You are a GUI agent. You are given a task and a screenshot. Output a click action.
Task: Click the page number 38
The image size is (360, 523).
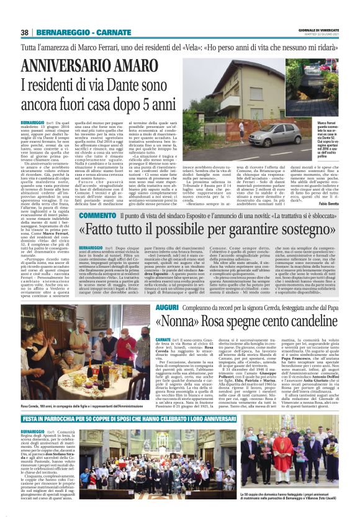(x=24, y=32)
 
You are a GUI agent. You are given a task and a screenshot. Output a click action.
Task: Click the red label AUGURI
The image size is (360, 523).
(x=150, y=307)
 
